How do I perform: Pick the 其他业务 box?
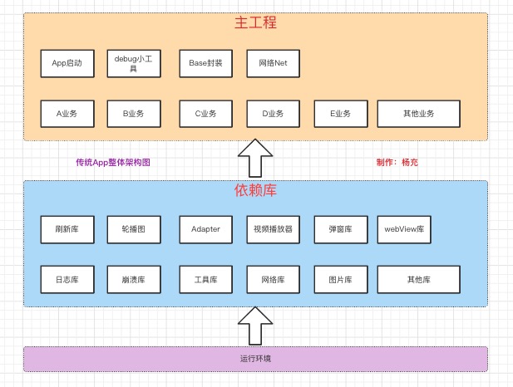pos(418,113)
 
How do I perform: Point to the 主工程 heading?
pos(255,23)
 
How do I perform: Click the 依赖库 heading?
pos(255,190)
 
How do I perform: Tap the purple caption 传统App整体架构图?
pos(113,163)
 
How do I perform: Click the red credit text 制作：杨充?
pos(397,163)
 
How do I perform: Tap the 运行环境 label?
pos(255,359)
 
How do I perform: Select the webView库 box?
pos(404,229)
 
